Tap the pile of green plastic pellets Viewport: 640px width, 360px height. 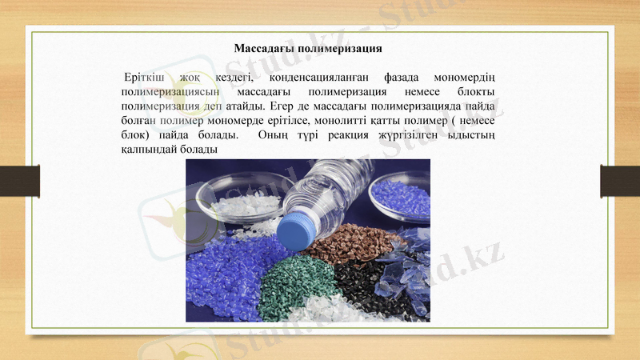[295, 284]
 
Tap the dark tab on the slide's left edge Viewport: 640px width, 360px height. [19, 180]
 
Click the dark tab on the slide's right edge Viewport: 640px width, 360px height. [620, 180]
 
